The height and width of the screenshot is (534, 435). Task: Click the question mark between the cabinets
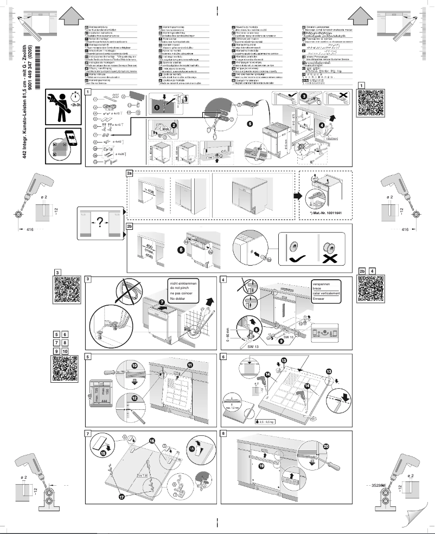tap(99, 223)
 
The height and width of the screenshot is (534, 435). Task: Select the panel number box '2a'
tap(129, 173)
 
